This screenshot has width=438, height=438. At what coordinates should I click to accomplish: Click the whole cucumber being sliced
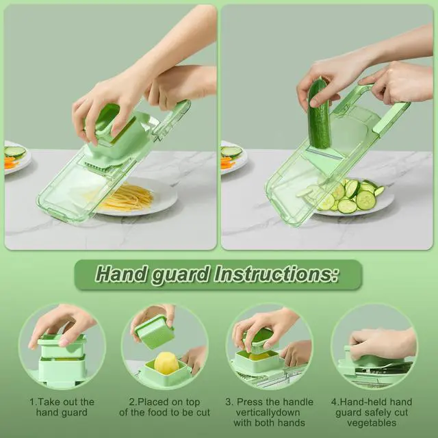click(x=318, y=114)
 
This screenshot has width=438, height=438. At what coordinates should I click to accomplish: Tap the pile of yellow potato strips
click(x=126, y=198)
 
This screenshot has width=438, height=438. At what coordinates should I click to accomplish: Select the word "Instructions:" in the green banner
click(x=276, y=274)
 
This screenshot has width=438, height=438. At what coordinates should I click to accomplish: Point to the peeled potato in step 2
click(x=166, y=363)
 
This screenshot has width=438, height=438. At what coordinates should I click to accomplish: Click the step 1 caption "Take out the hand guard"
click(x=62, y=407)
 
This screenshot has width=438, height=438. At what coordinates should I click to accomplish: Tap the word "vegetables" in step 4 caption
click(x=372, y=423)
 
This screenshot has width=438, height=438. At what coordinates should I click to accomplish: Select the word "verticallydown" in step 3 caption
click(x=268, y=412)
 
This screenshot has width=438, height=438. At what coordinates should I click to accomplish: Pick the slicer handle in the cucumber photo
click(x=391, y=117)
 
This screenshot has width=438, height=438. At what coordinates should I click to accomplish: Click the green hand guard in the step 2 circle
click(x=155, y=331)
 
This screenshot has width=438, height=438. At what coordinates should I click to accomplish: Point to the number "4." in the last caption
click(x=335, y=402)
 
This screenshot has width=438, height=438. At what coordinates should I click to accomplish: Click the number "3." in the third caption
click(x=229, y=402)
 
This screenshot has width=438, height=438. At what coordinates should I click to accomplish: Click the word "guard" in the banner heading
click(x=181, y=275)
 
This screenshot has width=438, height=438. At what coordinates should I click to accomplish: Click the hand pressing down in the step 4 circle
click(x=382, y=343)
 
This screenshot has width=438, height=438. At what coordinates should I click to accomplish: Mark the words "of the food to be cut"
click(x=164, y=412)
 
